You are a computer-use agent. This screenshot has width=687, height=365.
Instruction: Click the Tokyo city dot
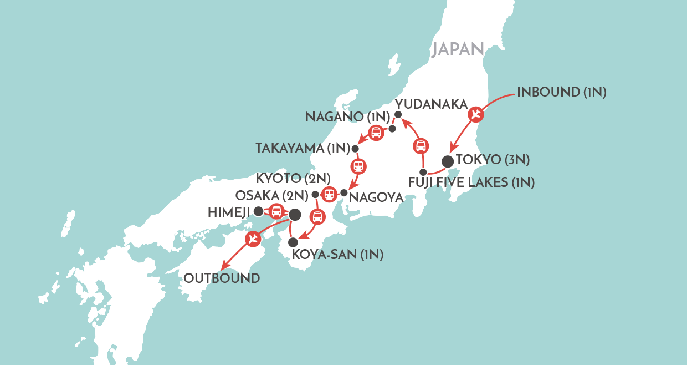448,161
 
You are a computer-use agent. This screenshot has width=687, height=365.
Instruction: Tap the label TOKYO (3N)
493,161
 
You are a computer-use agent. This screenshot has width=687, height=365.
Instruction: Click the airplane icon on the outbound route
253,239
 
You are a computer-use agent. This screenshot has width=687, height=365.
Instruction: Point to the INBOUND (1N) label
561,93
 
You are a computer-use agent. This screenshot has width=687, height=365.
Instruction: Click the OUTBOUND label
222,278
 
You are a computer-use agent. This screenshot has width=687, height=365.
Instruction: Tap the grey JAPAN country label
458,49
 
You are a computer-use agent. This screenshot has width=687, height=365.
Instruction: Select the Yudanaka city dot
398,114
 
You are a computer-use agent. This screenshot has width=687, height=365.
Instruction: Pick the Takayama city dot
355,148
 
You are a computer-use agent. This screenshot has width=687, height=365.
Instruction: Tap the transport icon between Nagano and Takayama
376,133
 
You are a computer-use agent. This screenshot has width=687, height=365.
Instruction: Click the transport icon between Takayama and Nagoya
358,166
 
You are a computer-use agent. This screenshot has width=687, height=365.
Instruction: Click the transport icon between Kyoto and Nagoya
329,194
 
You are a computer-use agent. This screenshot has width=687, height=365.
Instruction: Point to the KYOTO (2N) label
293,179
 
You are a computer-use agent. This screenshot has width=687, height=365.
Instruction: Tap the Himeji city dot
258,211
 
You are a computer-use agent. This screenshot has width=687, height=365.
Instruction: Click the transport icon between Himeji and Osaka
276,211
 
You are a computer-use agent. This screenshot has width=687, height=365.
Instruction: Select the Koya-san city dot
293,242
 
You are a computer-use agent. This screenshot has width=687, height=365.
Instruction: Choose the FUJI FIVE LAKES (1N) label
470,182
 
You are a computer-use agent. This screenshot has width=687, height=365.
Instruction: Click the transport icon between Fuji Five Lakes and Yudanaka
421,146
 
